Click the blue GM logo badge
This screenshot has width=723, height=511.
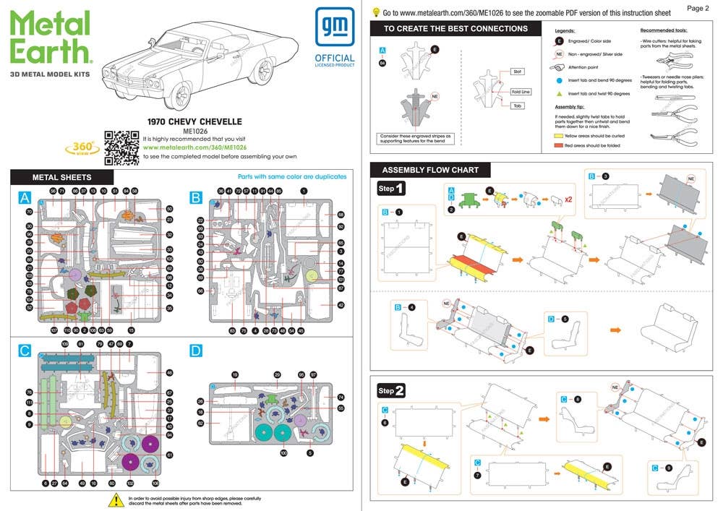[334, 27]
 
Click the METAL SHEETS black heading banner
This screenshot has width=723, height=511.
[62, 177]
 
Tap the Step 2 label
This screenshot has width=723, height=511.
[392, 391]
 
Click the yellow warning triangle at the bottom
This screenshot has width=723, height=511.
[116, 499]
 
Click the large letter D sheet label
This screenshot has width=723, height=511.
[196, 351]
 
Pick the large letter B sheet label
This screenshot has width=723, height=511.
[196, 197]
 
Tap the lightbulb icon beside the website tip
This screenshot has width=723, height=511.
[375, 12]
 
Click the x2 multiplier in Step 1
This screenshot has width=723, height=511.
[569, 199]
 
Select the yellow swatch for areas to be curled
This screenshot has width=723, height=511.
[559, 135]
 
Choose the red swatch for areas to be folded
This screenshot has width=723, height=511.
[559, 145]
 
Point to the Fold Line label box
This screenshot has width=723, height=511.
[521, 92]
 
